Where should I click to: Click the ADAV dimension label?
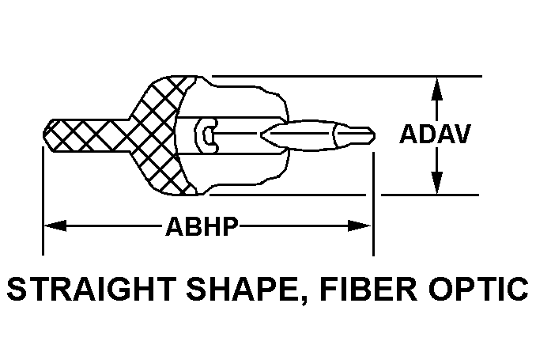[x=435, y=134]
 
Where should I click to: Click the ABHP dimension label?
[x=202, y=226]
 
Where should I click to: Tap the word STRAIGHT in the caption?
[x=92, y=289]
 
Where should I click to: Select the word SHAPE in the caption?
[x=243, y=289]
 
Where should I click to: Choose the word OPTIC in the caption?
[x=479, y=289]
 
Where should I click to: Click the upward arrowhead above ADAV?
[x=436, y=89]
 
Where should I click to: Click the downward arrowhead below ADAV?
[x=436, y=183]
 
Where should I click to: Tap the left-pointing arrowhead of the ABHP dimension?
[x=55, y=225]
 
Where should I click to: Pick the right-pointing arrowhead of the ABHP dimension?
[x=360, y=225]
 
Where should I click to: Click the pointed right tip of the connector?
[x=375, y=136]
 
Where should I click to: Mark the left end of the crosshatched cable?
[x=43, y=135]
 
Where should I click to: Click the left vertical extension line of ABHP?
[x=43, y=201]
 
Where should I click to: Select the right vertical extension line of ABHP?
[x=373, y=204]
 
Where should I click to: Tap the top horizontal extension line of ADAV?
[x=347, y=76]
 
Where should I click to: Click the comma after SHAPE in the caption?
[x=304, y=301]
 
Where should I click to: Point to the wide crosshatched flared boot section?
[x=160, y=135]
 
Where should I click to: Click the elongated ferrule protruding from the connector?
[x=317, y=136]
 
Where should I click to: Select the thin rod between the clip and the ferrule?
[x=236, y=133]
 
